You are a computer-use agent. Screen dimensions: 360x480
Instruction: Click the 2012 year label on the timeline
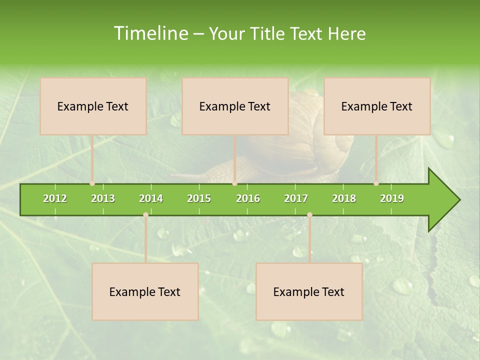click(x=55, y=198)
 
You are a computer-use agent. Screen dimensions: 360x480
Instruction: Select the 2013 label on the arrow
click(x=103, y=198)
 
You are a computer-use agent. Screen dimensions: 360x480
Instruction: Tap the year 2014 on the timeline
click(x=151, y=198)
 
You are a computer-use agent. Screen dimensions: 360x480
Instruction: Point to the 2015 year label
click(x=199, y=198)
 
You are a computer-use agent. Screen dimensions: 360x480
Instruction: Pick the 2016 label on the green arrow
click(x=248, y=198)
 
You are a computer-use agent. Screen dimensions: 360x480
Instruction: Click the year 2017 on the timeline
click(x=296, y=198)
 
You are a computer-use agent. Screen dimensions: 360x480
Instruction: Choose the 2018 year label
click(x=344, y=198)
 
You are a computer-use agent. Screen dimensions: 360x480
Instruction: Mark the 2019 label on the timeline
click(x=392, y=198)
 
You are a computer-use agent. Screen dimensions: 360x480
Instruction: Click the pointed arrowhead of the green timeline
click(x=445, y=200)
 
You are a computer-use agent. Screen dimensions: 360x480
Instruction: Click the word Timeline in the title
click(x=149, y=33)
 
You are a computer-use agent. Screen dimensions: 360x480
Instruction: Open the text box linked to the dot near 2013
click(x=93, y=106)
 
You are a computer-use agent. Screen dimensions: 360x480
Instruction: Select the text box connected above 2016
click(x=235, y=106)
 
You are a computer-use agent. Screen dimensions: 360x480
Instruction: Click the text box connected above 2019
click(x=377, y=106)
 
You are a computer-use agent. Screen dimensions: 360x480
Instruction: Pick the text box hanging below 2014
click(x=145, y=291)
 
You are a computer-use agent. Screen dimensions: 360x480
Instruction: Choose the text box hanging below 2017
click(x=309, y=291)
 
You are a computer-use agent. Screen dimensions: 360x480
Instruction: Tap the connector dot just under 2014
click(x=145, y=214)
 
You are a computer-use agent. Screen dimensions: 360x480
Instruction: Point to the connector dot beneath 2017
click(x=309, y=214)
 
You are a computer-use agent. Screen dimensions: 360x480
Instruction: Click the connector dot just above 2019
click(x=376, y=183)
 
